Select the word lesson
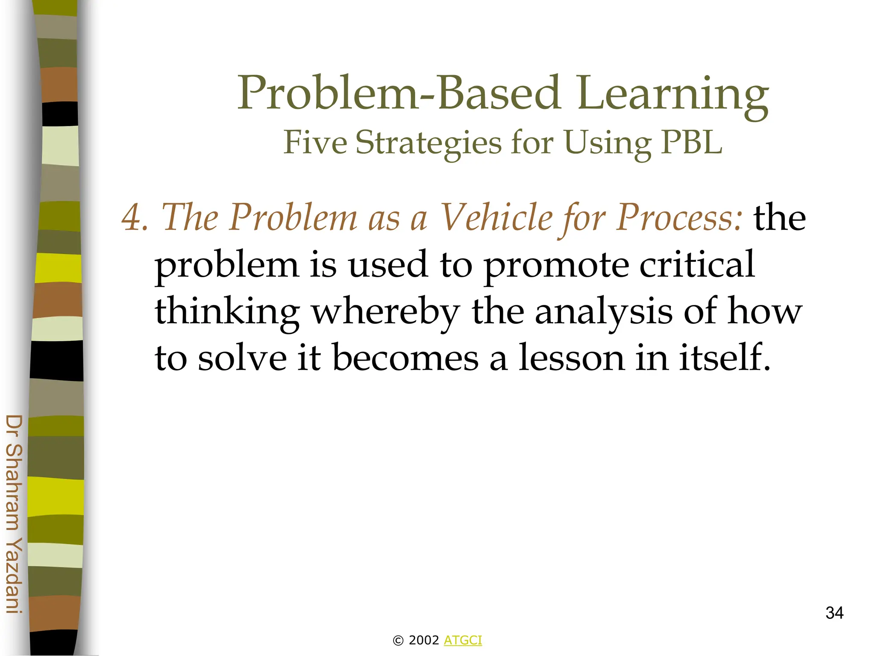tap(572, 358)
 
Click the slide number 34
tap(834, 613)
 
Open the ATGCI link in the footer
tap(463, 640)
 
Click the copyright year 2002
tap(423, 640)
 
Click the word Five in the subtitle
tap(315, 142)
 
